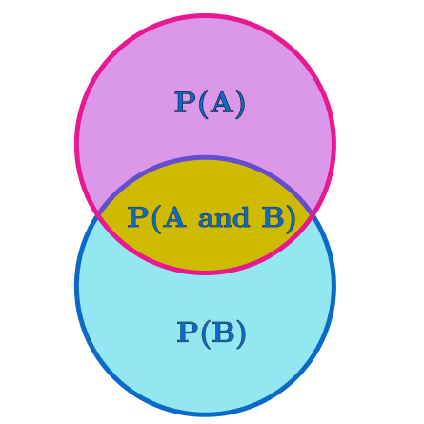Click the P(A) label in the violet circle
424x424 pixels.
(210, 104)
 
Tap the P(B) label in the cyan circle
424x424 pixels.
(212, 333)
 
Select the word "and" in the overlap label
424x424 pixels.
(224, 217)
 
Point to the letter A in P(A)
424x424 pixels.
(222, 102)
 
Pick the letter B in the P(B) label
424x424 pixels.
(224, 332)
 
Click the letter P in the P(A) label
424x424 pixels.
(185, 102)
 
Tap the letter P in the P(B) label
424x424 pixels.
(188, 332)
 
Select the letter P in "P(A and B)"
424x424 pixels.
(138, 217)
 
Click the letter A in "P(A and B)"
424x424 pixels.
(174, 217)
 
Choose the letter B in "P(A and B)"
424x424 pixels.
(273, 217)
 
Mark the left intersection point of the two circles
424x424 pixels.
(99, 213)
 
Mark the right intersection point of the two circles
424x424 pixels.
(312, 213)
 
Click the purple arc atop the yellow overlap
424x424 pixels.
(205, 157)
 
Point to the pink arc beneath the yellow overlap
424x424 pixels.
(205, 273)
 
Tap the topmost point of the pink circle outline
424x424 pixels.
(205, 15)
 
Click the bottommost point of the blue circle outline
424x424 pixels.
(205, 414)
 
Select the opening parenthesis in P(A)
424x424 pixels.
(203, 105)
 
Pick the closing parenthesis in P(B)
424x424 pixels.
(241, 334)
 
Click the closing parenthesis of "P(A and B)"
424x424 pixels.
(291, 219)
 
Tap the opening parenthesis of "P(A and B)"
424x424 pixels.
(156, 219)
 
